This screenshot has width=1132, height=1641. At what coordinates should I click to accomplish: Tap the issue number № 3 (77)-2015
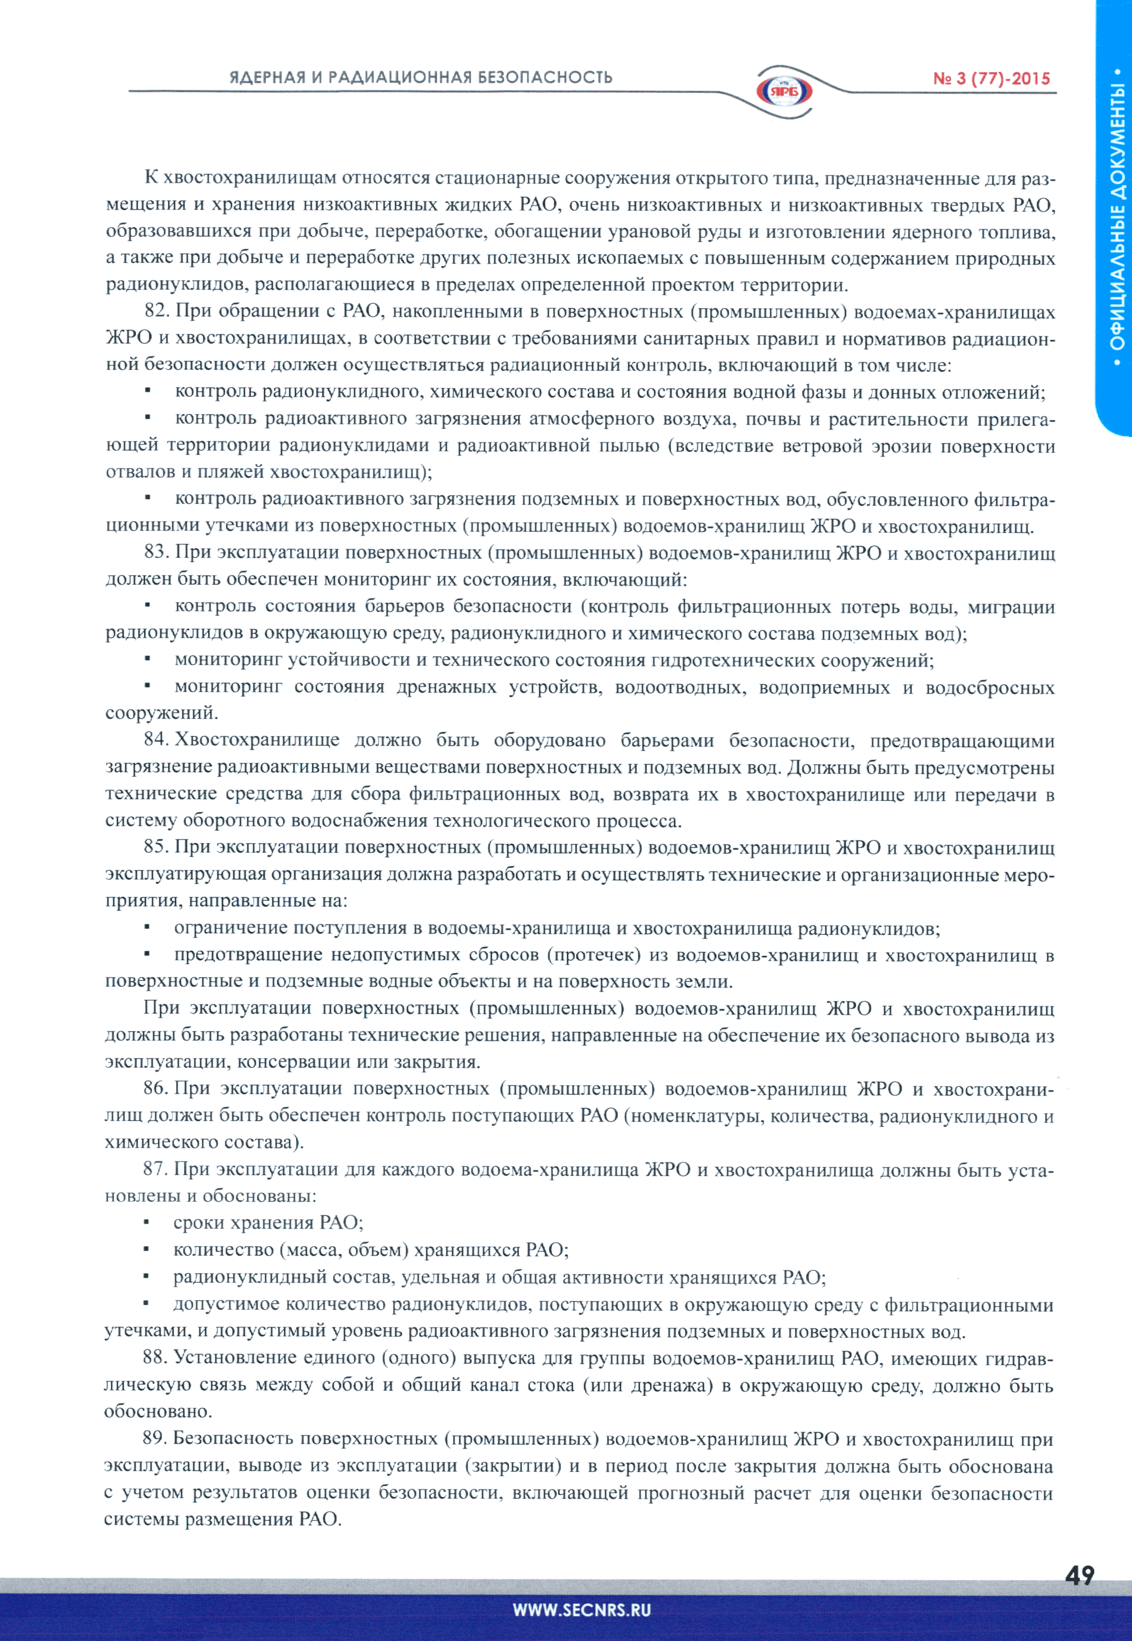click(x=991, y=79)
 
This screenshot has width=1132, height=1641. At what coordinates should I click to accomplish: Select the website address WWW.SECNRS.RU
click(x=582, y=1610)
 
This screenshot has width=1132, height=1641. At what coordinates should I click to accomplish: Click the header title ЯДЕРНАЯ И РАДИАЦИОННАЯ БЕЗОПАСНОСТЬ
click(x=420, y=77)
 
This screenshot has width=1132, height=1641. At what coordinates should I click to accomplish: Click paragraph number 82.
click(x=155, y=311)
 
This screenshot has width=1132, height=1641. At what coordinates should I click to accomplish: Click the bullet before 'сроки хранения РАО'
click(x=146, y=1222)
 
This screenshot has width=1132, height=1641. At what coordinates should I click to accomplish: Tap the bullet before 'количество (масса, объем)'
click(x=146, y=1249)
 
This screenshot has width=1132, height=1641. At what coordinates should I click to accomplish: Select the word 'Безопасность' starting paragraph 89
click(x=233, y=1438)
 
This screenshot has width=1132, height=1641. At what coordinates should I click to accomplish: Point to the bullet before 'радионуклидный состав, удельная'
click(x=146, y=1276)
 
